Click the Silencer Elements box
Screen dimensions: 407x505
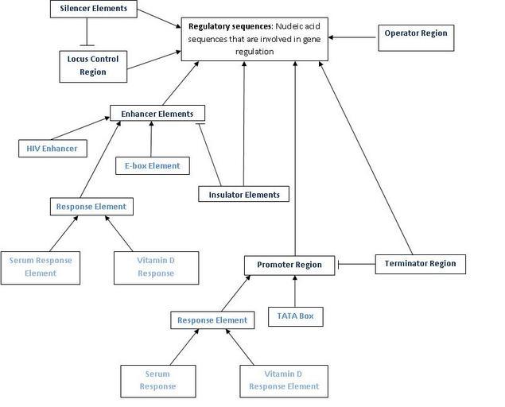pos(93,10)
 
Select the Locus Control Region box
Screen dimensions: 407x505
pos(92,65)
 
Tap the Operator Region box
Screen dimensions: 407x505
pos(415,33)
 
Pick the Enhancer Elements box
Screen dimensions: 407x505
pos(157,114)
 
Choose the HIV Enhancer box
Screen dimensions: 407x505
pos(52,148)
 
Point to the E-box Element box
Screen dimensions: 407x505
pos(152,166)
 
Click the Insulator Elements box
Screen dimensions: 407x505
pos(243,194)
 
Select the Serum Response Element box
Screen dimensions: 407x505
pos(40,266)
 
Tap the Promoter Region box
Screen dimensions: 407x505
pos(289,264)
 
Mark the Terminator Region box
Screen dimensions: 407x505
pos(420,263)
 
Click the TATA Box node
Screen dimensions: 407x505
pos(296,316)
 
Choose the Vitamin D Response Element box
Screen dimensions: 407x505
pos(284,380)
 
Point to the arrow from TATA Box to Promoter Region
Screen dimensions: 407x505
pos(295,291)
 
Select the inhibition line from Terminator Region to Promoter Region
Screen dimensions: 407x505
pos(356,264)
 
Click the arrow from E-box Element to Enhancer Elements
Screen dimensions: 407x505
pos(151,138)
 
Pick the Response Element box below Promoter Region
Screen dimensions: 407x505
pos(212,320)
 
